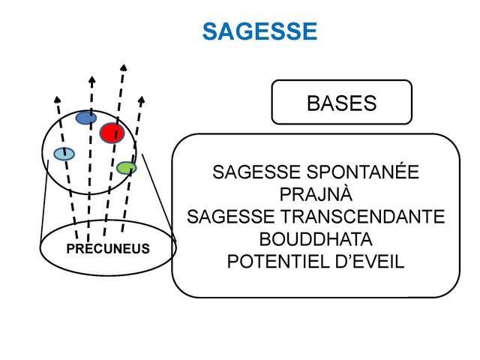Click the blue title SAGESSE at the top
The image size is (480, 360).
coord(259,31)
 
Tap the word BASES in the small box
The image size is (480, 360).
coord(341,103)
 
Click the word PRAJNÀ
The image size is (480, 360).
coord(315,195)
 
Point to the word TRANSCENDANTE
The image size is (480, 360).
coord(372,217)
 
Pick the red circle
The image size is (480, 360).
coord(111,133)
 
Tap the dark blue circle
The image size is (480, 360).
coord(86,118)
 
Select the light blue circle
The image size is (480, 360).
coord(64,154)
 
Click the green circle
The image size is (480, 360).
coord(127,167)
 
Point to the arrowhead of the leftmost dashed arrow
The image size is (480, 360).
coord(56,98)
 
